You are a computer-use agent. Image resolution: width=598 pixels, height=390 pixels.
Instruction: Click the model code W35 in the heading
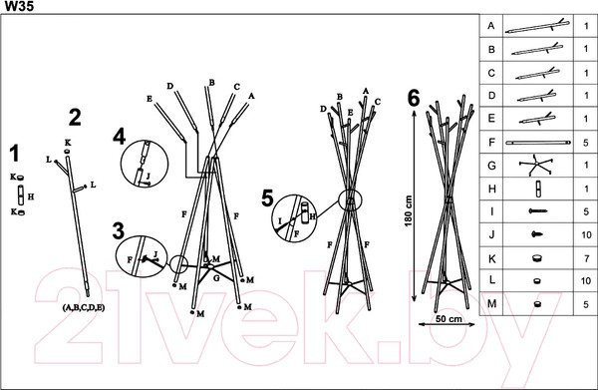(19, 6)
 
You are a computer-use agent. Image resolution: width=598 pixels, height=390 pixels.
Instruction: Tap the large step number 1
(15, 154)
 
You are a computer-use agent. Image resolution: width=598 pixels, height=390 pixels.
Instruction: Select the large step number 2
(75, 118)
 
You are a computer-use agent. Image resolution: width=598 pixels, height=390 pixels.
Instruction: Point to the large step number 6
(414, 99)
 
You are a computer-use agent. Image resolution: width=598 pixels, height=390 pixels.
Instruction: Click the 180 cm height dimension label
(409, 211)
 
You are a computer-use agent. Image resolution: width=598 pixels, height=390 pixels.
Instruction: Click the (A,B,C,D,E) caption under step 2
(83, 307)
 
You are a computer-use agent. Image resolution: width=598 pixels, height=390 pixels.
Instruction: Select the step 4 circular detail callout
(145, 163)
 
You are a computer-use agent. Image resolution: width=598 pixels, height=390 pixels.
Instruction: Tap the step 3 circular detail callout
(140, 256)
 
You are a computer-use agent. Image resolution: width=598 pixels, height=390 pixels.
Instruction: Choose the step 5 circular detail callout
(294, 218)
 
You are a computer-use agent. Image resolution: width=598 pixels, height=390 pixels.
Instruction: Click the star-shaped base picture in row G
(536, 165)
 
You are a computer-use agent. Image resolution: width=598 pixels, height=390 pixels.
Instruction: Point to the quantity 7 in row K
(587, 258)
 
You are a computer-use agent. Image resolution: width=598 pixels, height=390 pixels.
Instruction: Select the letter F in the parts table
(491, 143)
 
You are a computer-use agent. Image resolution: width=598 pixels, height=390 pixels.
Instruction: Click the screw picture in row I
(538, 211)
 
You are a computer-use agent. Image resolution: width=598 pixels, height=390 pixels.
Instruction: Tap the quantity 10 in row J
(586, 234)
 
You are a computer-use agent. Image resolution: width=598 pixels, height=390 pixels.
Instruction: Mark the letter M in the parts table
(492, 304)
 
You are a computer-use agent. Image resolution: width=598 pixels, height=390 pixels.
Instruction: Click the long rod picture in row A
(537, 26)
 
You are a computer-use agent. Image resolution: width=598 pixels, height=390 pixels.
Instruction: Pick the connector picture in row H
(538, 189)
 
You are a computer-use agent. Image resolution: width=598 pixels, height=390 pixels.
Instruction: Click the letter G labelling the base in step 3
(216, 278)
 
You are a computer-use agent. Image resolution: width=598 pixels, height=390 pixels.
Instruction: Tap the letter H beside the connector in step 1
(31, 196)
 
